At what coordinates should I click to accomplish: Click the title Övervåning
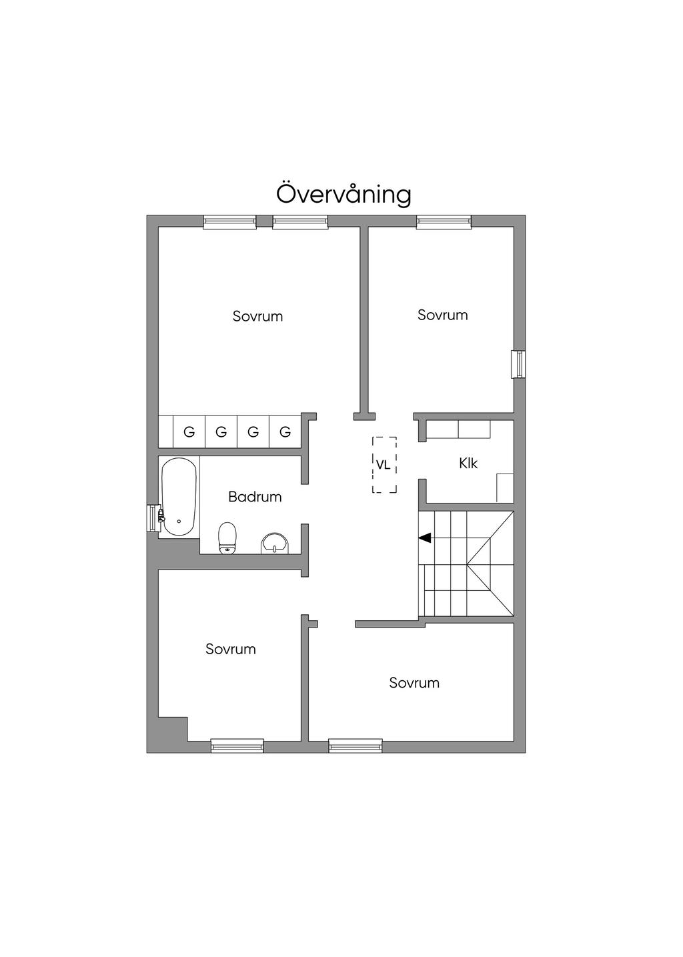point(344,194)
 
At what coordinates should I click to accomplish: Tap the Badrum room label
point(255,497)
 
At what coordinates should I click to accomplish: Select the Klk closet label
point(468,463)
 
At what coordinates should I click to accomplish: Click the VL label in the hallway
point(383,465)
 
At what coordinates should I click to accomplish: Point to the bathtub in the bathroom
point(179,496)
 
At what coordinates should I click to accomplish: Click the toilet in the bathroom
point(227,538)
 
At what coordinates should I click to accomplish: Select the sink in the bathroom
point(275,543)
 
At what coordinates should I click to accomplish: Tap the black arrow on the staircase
point(424,538)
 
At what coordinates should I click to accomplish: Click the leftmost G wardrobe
point(189,432)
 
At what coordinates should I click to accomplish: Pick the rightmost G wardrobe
point(285,432)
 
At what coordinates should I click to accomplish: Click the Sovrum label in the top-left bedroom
point(257,316)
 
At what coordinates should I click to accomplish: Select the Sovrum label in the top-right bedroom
point(442,315)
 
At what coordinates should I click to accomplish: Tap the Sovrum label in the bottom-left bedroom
point(230,649)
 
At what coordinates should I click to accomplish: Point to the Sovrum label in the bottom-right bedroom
point(414,683)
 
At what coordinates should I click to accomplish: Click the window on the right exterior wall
point(519,364)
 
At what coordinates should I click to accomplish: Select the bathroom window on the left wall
point(153,518)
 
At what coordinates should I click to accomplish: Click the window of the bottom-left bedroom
point(237,746)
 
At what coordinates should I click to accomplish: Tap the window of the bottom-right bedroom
point(356,746)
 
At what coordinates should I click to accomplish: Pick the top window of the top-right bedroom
point(444,222)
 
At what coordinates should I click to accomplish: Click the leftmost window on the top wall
point(229,222)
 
